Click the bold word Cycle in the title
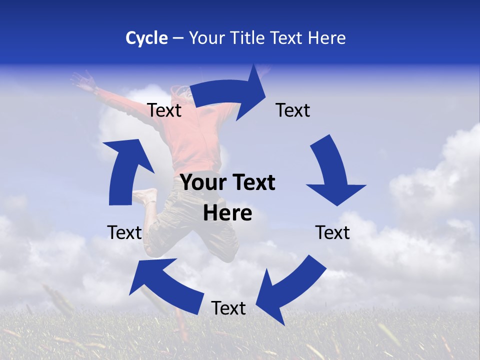pos(146,38)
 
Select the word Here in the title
pos(326,38)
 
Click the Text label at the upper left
pos(164,110)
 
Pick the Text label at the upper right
pos(293,110)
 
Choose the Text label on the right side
pos(332,232)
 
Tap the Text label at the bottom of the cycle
pos(228,308)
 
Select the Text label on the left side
pos(124,232)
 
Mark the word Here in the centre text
pos(227,213)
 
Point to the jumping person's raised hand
pos(82,79)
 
